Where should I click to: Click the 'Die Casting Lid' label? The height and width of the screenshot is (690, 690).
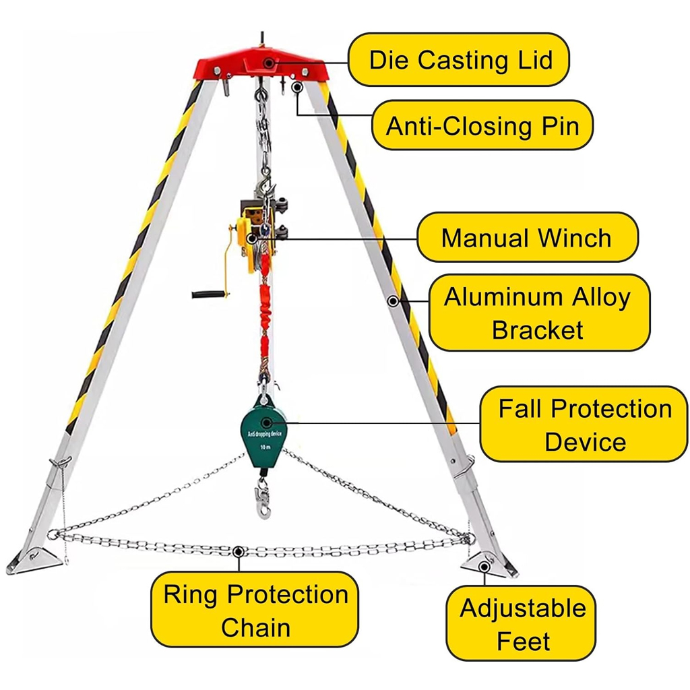pos(460,59)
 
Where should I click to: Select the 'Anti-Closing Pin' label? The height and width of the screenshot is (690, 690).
pos(482,125)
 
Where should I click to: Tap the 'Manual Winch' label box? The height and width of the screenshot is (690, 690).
pos(526,237)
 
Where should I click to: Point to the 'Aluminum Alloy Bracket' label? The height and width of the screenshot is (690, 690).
pos(538,313)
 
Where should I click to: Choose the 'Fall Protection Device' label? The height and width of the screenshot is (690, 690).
pos(584,425)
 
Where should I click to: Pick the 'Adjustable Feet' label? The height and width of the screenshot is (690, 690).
pos(522,624)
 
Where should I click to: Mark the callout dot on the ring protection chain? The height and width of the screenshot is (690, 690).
pos(237,551)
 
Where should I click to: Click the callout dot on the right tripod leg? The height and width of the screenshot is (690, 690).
pos(392,301)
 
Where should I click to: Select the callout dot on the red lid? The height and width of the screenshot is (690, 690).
pos(268,62)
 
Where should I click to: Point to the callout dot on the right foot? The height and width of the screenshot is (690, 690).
pos(484,566)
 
